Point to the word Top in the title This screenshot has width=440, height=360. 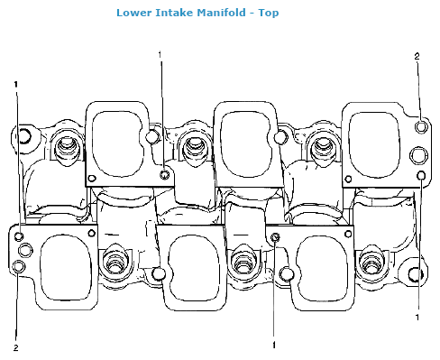(269, 13)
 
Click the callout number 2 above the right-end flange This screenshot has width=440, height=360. (417, 56)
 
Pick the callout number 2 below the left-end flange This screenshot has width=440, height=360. (16, 348)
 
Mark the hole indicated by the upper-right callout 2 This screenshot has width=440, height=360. (421, 126)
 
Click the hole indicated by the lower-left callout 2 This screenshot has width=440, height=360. (20, 267)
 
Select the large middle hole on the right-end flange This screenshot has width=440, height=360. (418, 155)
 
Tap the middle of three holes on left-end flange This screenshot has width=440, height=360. (25, 250)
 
